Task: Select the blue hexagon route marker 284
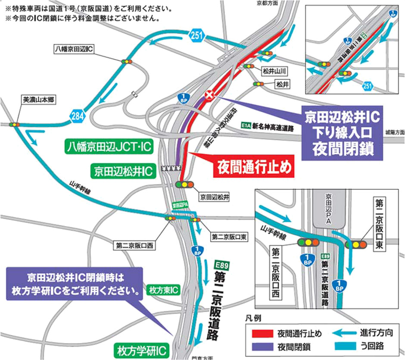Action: tap(78, 115)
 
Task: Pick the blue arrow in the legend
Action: tap(343, 333)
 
